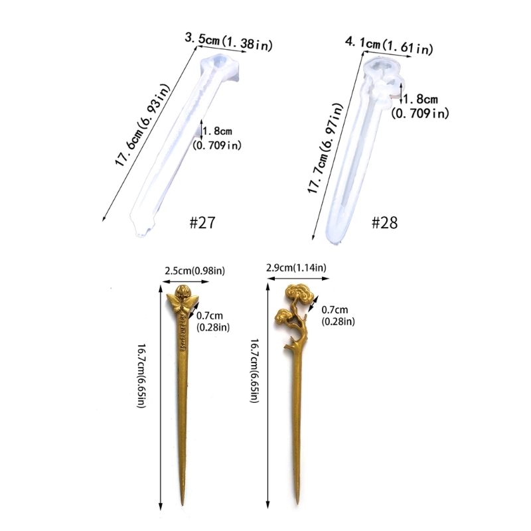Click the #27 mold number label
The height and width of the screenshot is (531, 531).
pos(202,222)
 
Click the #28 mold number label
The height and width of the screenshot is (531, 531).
pos(384,223)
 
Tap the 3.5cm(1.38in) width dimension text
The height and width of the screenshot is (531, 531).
pos(228,42)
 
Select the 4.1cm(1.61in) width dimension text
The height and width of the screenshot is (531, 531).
pos(389,46)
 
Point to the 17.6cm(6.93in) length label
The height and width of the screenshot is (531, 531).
pos(142,125)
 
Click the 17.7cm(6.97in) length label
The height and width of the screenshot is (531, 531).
pos(325,148)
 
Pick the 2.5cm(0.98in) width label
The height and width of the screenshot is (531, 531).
pos(194,271)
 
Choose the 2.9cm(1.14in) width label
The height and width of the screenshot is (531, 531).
pos(296,267)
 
